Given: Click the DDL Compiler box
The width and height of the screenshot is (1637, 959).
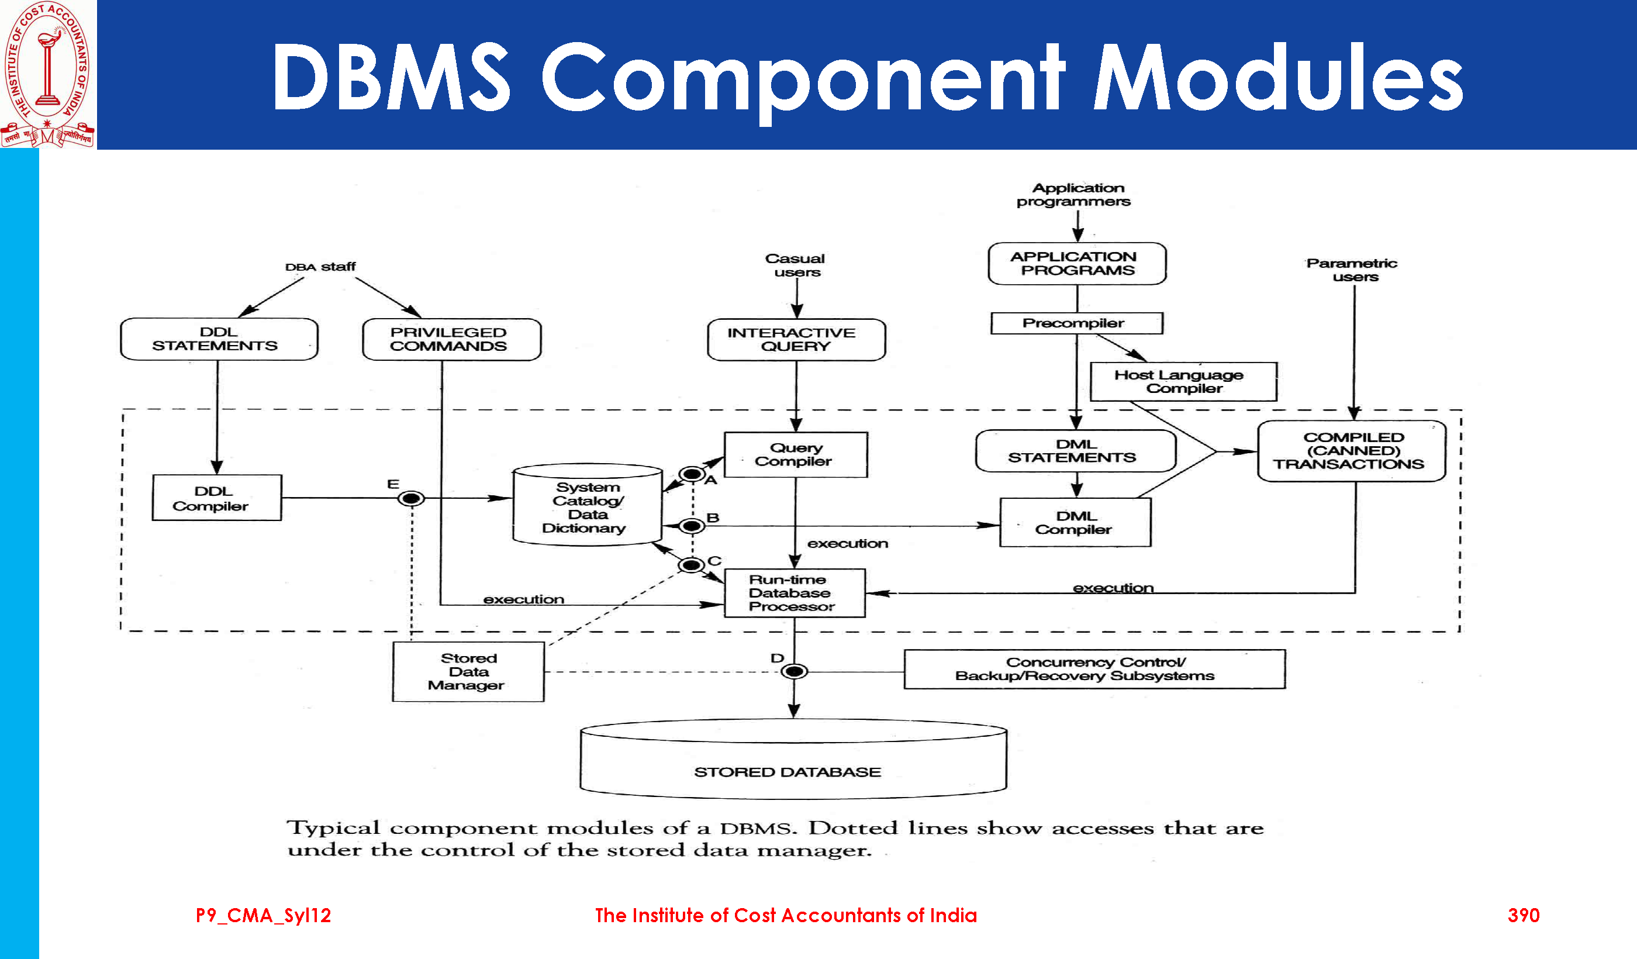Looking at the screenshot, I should (x=216, y=498).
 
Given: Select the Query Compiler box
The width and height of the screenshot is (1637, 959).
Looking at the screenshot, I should (x=795, y=455).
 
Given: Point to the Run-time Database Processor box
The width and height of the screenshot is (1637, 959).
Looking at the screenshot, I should (x=795, y=592).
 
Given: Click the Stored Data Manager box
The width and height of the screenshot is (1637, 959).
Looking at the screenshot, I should (x=468, y=672).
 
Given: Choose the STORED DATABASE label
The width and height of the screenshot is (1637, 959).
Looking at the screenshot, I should (x=788, y=772).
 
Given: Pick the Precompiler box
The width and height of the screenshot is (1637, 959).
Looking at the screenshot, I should (x=1076, y=323).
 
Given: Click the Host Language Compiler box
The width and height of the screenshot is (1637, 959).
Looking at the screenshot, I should (x=1183, y=381).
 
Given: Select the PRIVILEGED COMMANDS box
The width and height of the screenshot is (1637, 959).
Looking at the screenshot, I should (x=451, y=339).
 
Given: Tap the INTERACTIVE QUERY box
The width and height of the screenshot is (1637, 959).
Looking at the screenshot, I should (x=796, y=339).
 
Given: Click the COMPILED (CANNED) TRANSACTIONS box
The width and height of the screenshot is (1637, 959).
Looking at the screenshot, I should (x=1351, y=451).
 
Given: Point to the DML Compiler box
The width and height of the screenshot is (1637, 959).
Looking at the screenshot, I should (x=1075, y=522).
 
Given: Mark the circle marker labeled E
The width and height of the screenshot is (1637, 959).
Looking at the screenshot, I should (x=410, y=498).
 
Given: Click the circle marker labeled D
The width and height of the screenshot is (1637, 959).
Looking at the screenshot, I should (x=794, y=671).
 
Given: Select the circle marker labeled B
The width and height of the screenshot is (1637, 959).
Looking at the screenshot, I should (x=692, y=526).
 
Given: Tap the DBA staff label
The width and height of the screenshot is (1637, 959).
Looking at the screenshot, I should (x=320, y=267).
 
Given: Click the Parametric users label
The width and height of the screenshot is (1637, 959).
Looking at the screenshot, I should (x=1353, y=270).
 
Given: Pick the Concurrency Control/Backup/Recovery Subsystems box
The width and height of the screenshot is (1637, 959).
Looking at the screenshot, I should (x=1094, y=668).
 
